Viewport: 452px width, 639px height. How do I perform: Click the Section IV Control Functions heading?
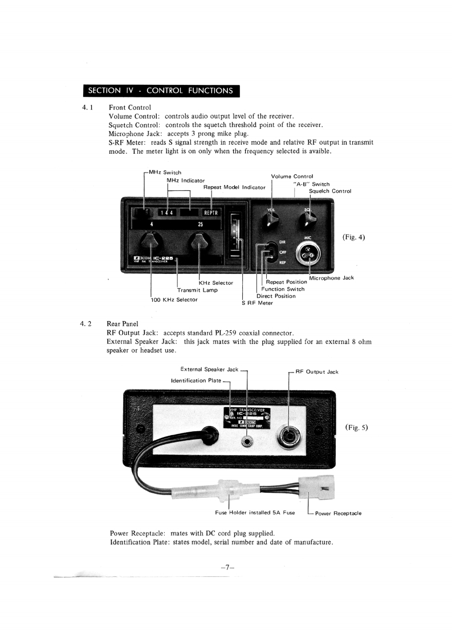click(x=160, y=91)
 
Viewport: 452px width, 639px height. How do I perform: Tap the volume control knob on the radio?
click(x=272, y=218)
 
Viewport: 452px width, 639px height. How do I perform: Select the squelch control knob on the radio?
click(x=308, y=218)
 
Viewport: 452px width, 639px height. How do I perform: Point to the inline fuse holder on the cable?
click(x=231, y=488)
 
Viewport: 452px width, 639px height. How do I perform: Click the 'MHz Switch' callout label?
click(x=164, y=173)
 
